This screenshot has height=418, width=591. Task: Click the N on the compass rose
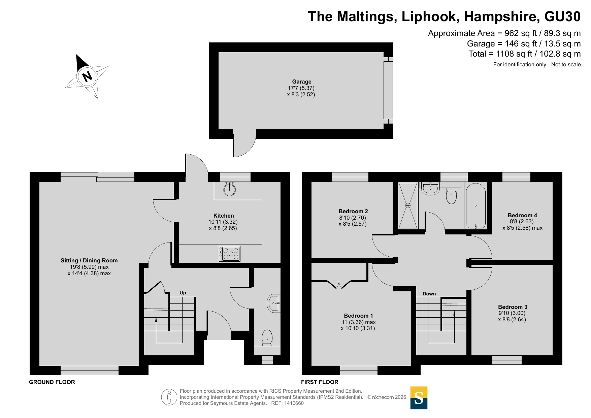(x=87, y=76)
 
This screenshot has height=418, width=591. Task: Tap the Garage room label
(x=302, y=82)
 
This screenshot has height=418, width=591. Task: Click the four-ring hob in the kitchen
(x=230, y=254)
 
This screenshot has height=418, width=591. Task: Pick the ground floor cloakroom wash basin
(x=274, y=303)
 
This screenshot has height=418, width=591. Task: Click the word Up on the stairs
(x=183, y=293)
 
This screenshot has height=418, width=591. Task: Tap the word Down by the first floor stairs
(x=429, y=294)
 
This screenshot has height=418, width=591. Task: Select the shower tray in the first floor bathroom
(x=408, y=205)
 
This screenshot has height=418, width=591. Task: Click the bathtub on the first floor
(x=475, y=206)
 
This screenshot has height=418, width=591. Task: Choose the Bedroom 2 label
(x=353, y=211)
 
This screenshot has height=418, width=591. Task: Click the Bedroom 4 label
(x=522, y=215)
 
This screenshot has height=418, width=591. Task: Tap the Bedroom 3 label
(x=513, y=307)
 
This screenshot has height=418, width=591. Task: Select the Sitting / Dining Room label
(x=89, y=260)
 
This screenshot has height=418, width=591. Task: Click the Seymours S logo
(x=419, y=398)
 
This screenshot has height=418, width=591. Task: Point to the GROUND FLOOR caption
(x=52, y=382)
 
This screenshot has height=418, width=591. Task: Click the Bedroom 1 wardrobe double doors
(x=339, y=284)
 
